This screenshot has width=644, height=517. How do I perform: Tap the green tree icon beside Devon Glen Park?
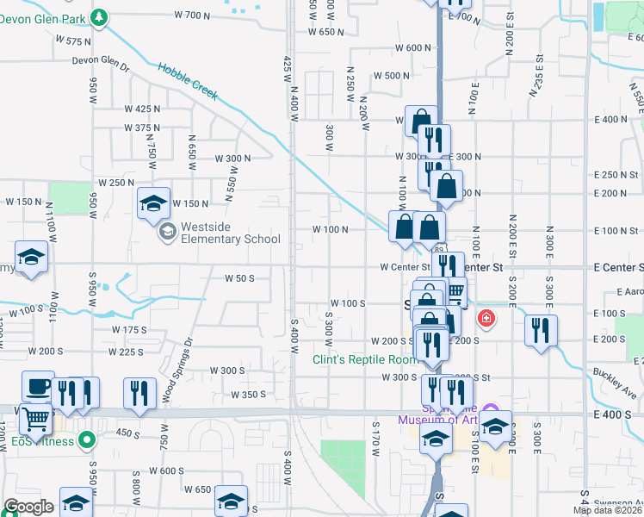click(x=101, y=16)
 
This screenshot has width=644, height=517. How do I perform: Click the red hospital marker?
click(x=487, y=319)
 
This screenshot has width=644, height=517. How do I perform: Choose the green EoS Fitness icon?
click(x=86, y=442)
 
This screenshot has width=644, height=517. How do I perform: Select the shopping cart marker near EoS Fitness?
click(x=36, y=419)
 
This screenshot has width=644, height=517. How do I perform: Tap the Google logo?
click(x=28, y=507)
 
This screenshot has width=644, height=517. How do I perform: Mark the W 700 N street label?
click(x=192, y=15)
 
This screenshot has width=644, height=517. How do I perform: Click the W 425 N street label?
click(x=142, y=109)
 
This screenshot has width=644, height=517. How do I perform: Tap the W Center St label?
click(x=406, y=267)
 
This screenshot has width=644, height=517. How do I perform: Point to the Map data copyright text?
click(x=606, y=510)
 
